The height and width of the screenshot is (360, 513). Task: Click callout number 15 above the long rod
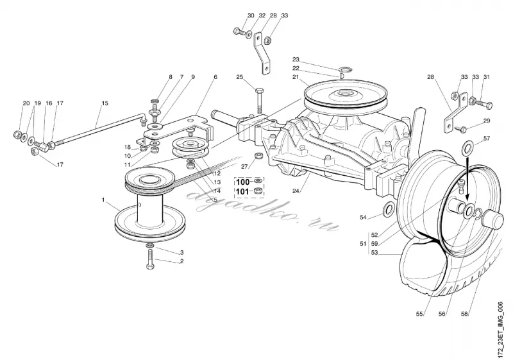click(105, 103)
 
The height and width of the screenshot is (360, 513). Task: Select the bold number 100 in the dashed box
click(243, 182)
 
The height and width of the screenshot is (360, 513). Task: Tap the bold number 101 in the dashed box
click(242, 191)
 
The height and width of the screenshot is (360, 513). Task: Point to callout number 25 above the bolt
click(240, 77)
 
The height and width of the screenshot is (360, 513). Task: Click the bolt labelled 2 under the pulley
click(150, 259)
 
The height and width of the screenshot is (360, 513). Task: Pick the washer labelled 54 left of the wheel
click(389, 209)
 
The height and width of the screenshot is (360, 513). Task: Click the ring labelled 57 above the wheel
click(468, 148)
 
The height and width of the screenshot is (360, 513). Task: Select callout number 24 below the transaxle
click(296, 191)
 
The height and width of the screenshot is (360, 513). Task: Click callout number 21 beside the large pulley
click(296, 77)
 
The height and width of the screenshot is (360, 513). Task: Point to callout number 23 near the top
click(296, 60)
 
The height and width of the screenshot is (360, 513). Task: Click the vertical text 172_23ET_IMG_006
click(500, 330)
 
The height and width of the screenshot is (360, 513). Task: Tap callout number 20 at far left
click(26, 103)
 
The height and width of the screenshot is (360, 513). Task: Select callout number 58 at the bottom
click(464, 314)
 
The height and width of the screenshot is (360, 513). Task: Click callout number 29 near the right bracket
click(487, 121)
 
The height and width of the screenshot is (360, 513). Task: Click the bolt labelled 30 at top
click(239, 31)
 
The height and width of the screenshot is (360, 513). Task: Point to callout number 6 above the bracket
click(215, 77)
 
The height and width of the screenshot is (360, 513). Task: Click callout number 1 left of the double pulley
click(103, 200)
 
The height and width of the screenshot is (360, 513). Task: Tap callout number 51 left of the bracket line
click(363, 244)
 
